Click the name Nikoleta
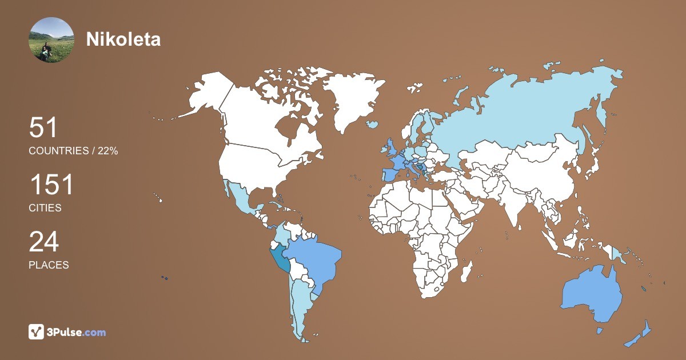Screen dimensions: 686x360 [x=123, y=39]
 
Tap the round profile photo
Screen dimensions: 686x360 [x=51, y=40]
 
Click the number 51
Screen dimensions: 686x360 [x=43, y=128]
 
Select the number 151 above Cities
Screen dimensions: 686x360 [x=51, y=185]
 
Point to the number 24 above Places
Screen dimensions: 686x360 [x=43, y=242]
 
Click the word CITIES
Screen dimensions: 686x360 [x=45, y=208]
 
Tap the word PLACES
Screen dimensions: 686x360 [x=49, y=265]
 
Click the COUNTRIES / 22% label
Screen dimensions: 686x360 [x=73, y=151]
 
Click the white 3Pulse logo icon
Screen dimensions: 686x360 [x=37, y=332]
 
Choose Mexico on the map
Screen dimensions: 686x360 [x=240, y=200]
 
